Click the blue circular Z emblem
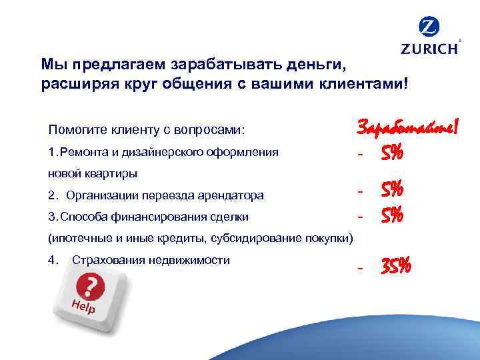tap(429, 28)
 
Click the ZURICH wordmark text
tap(429, 49)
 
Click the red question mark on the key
tap(89, 287)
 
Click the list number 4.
tap(53, 260)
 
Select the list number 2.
tap(53, 196)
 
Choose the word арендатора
tap(233, 196)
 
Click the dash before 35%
tap(360, 268)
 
